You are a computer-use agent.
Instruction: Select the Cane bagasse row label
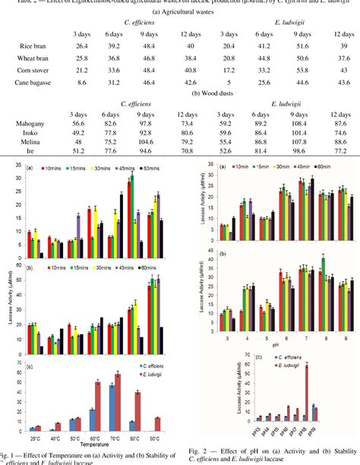click(x=37, y=82)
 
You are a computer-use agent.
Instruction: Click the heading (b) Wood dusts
click(x=180, y=92)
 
